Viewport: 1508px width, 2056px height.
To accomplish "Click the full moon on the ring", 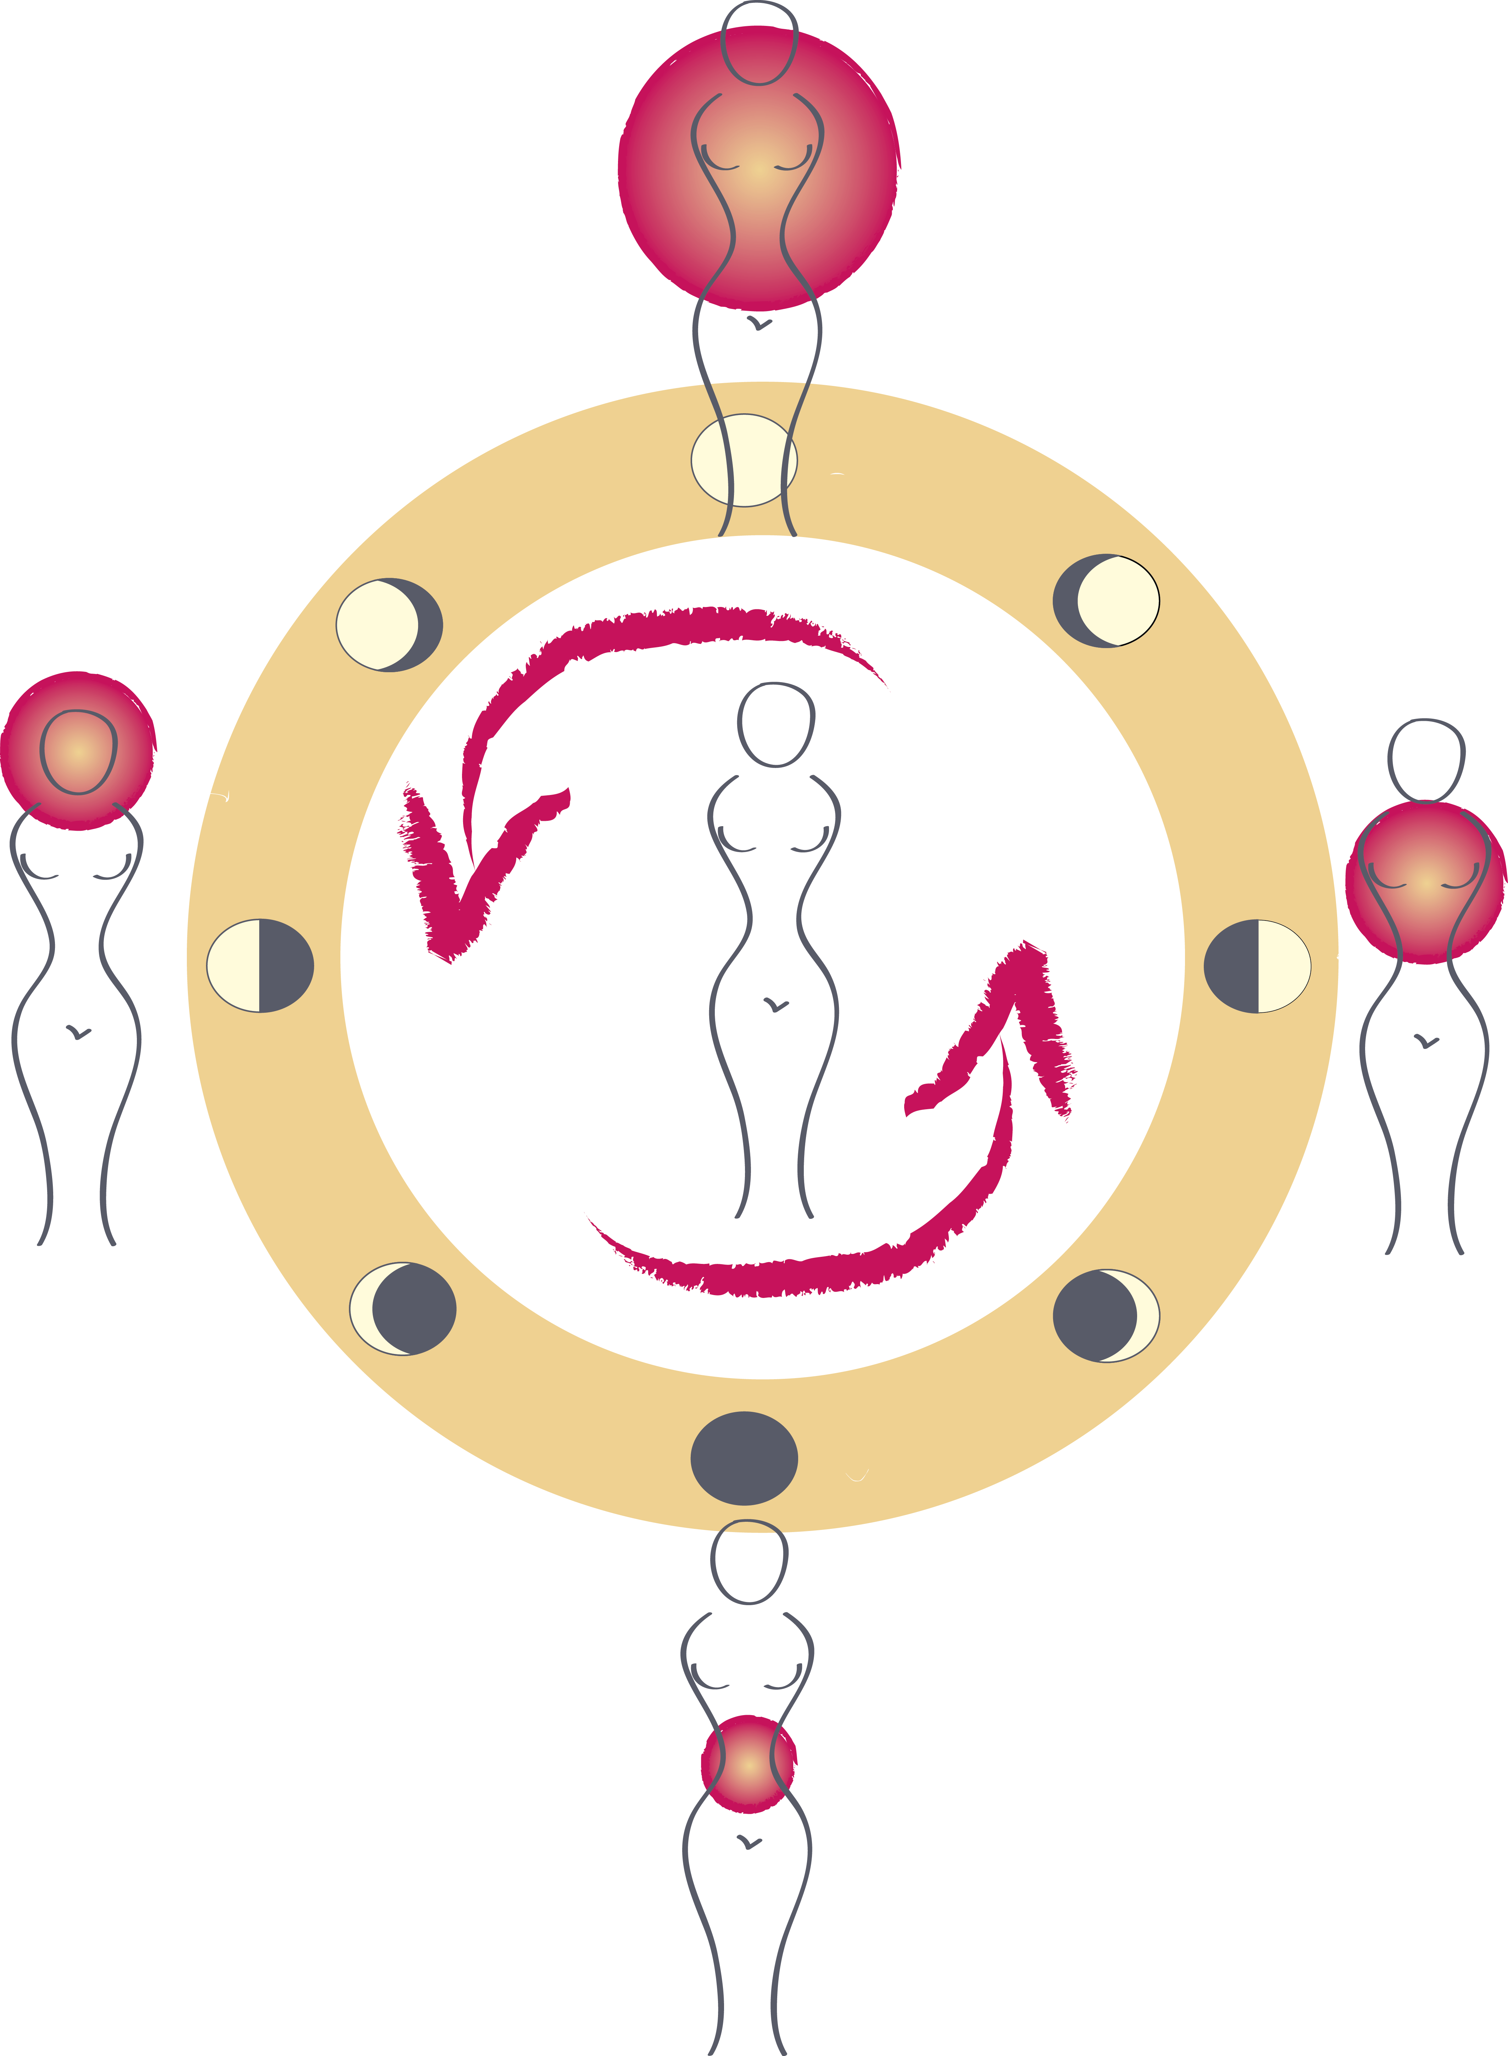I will [x=743, y=460].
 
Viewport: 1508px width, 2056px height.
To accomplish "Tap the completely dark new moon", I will [x=744, y=1458].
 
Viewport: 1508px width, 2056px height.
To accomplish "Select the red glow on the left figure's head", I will [x=78, y=751].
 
